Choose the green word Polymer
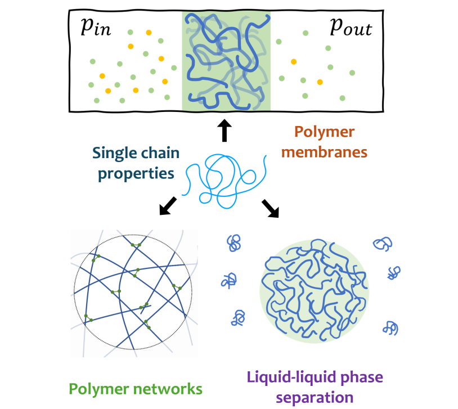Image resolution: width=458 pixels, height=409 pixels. point(99,388)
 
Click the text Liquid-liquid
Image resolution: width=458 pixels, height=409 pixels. point(287,376)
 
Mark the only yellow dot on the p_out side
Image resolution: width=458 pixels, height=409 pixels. point(320,82)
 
